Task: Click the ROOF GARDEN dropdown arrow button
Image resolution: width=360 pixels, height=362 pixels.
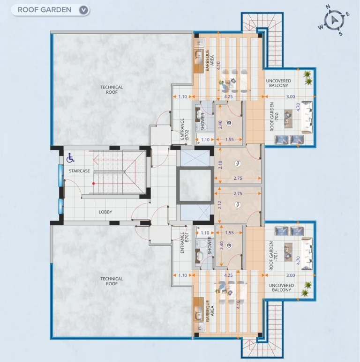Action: pyautogui.click(x=83, y=10)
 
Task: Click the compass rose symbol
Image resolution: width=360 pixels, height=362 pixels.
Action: pyautogui.click(x=334, y=20)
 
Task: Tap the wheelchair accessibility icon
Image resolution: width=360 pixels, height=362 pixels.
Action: pyautogui.click(x=70, y=158)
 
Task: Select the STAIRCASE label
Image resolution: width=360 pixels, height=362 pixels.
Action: pyautogui.click(x=79, y=171)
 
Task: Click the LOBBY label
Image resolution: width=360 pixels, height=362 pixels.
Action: pyautogui.click(x=105, y=212)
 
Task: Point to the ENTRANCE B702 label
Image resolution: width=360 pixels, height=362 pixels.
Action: pyautogui.click(x=184, y=129)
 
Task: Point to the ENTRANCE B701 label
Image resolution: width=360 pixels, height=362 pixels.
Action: pyautogui.click(x=184, y=243)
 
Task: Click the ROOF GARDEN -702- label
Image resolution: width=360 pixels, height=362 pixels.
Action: pyautogui.click(x=274, y=117)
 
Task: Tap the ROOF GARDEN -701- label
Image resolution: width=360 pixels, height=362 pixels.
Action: pyautogui.click(x=274, y=256)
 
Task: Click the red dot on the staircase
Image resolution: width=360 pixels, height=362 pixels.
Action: pyautogui.click(x=93, y=184)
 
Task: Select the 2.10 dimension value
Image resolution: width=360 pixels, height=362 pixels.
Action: pyautogui.click(x=220, y=165)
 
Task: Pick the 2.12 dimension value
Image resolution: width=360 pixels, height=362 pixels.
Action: pyautogui.click(x=219, y=205)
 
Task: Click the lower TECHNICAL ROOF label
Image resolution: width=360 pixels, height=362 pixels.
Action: pyautogui.click(x=112, y=281)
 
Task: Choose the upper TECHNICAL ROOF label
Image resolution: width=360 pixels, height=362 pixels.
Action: pyautogui.click(x=112, y=89)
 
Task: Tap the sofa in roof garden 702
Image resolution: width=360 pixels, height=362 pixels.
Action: pyautogui.click(x=307, y=117)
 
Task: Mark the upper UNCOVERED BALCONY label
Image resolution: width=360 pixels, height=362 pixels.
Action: pyautogui.click(x=278, y=83)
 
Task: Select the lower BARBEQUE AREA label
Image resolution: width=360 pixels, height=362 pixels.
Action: pyautogui.click(x=210, y=310)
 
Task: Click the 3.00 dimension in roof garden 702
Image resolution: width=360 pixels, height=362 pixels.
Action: pyautogui.click(x=291, y=97)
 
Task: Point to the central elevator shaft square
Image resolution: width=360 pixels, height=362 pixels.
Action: pyautogui.click(x=195, y=185)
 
